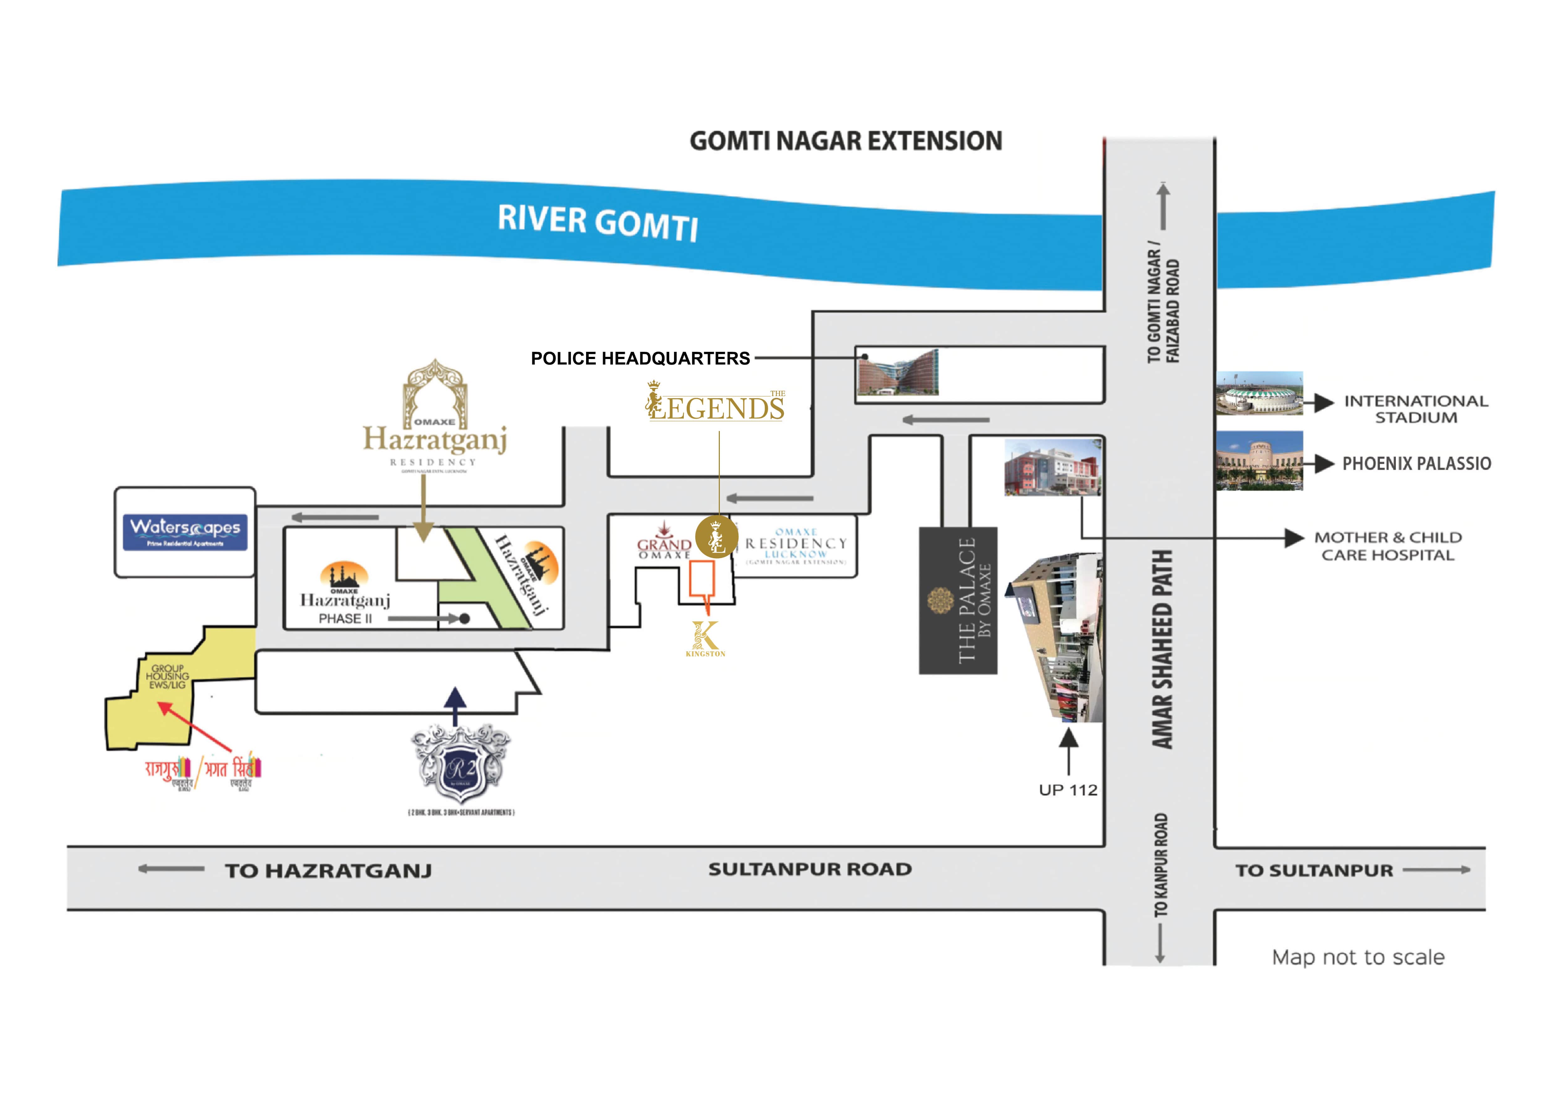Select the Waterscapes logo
185,532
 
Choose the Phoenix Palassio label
1416,464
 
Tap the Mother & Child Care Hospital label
1387,546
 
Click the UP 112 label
1068,790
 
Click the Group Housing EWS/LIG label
167,676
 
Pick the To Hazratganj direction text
328,870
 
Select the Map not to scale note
1358,957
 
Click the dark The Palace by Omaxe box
958,600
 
